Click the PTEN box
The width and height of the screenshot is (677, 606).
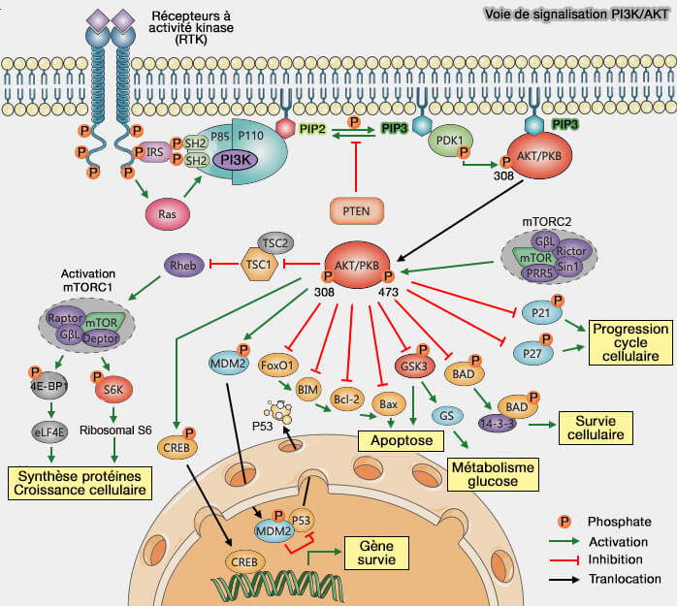point(357,208)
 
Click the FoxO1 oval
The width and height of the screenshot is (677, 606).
point(278,367)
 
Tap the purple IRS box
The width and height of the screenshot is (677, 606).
point(152,151)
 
